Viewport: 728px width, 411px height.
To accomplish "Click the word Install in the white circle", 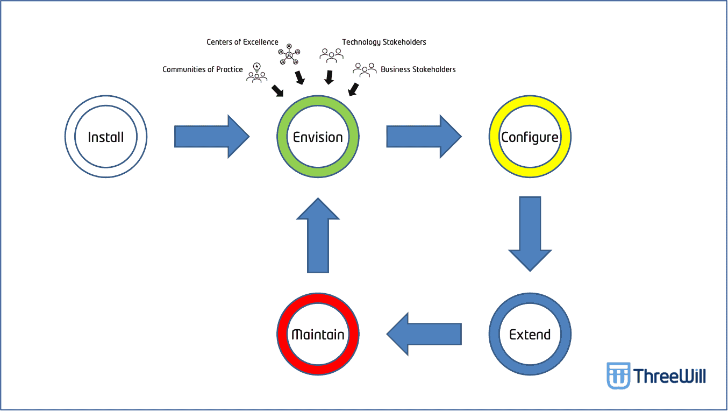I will point(106,137).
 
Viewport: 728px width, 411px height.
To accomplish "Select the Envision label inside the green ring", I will point(318,137).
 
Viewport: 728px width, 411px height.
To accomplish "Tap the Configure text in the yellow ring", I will point(530,138).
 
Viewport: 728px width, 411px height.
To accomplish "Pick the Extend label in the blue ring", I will point(530,335).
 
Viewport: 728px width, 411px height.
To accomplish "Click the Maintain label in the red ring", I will point(318,335).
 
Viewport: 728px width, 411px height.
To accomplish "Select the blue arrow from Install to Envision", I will point(212,137).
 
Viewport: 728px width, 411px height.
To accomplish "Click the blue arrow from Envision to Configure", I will point(424,137).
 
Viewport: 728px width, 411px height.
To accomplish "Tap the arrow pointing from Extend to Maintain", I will point(424,334).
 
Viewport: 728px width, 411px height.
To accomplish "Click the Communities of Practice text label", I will point(203,69).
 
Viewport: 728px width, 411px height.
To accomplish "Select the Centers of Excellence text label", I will point(242,42).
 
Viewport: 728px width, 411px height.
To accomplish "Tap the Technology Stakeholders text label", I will point(384,42).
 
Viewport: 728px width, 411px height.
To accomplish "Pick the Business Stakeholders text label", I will point(418,69).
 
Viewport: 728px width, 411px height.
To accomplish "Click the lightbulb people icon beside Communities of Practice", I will point(257,73).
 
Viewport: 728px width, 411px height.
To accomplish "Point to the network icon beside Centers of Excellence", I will point(289,54).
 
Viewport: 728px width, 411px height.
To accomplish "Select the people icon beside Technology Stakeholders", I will point(331,54).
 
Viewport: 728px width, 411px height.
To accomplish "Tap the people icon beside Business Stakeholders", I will point(365,69).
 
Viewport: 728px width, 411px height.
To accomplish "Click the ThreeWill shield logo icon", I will point(618,375).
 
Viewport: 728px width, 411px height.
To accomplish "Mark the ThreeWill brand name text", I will point(669,375).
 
